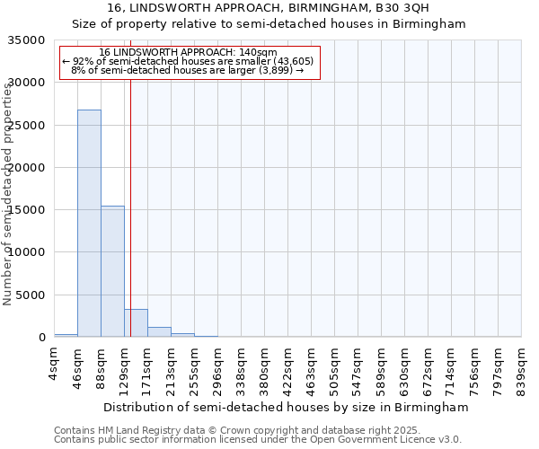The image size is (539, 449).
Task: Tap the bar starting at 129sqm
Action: coord(136,322)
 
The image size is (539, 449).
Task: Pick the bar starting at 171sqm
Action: coord(159,331)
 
